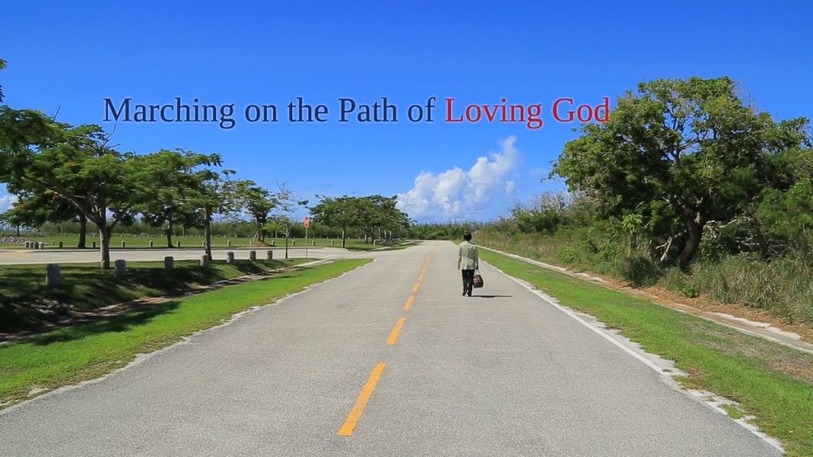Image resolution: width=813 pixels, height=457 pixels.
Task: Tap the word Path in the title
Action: pos(368,109)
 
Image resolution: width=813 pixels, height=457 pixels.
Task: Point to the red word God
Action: pos(580,110)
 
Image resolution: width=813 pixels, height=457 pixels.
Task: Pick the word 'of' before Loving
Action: pos(421,109)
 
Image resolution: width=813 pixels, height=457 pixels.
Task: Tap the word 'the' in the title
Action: pos(307,109)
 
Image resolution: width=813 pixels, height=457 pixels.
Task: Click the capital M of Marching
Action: pos(118,109)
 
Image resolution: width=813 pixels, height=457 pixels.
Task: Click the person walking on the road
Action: pos(468,264)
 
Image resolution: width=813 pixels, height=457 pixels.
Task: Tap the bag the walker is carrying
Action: pos(477,280)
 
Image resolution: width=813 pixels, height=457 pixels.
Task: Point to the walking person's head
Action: pos(468,236)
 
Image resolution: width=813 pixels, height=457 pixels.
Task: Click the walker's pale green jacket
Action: pos(468,255)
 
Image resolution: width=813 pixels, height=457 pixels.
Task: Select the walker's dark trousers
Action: pos(468,282)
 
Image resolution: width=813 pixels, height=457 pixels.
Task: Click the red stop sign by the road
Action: pos(307,222)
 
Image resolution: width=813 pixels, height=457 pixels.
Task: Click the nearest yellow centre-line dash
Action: pos(362,399)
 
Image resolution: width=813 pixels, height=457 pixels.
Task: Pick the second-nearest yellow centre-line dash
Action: pos(395,331)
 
